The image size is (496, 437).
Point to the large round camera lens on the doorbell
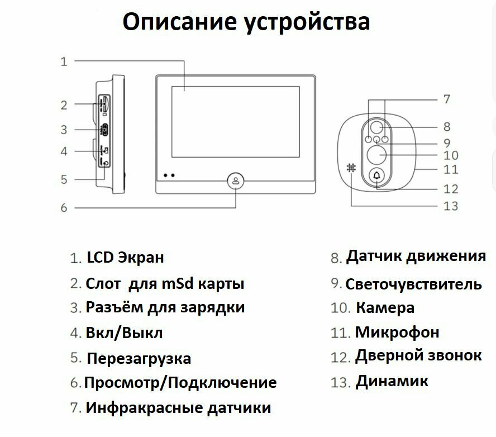[x=378, y=154]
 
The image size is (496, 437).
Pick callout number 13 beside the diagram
[x=450, y=206]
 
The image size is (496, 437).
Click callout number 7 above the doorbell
[x=446, y=99]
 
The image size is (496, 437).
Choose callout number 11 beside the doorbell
[x=450, y=168]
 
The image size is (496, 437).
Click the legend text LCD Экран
[x=126, y=258]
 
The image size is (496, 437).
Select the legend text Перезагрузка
[x=139, y=358]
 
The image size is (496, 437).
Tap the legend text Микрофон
[x=397, y=332]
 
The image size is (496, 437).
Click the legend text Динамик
[x=392, y=382]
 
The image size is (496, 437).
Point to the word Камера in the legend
[x=385, y=308]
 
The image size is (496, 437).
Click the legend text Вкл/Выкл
[x=124, y=333]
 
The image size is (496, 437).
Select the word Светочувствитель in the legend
[x=413, y=284]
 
